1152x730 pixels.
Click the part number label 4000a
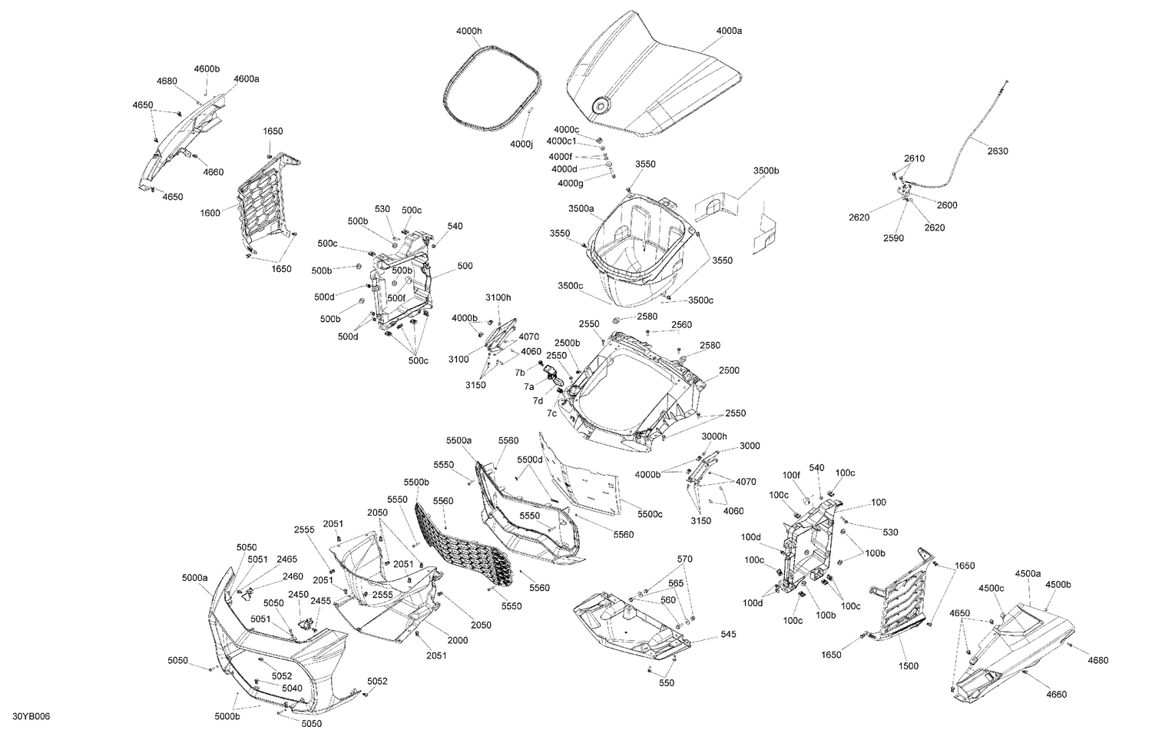[729, 31]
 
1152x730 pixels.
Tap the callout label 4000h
[468, 31]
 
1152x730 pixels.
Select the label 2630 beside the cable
[998, 151]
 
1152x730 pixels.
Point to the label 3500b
[766, 170]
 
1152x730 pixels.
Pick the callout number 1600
[210, 213]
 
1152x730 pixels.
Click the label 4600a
[247, 78]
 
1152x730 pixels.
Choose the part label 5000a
[194, 577]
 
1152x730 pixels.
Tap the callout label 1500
[908, 666]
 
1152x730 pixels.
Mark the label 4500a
[1028, 573]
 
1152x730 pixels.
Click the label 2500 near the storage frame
[729, 370]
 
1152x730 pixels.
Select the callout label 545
[728, 635]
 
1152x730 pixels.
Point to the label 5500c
[650, 514]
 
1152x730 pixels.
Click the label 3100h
[498, 297]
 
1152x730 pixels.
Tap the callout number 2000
[458, 640]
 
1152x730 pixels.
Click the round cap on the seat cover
[599, 106]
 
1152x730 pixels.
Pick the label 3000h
[714, 436]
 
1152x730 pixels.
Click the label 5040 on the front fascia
[292, 688]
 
